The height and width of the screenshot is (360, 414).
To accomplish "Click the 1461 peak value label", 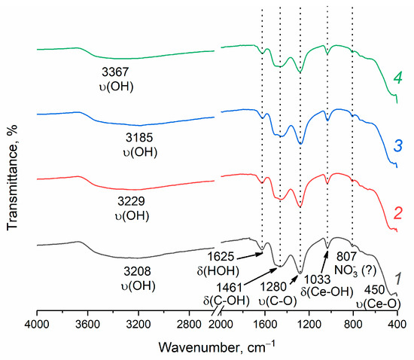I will point(233,288).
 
